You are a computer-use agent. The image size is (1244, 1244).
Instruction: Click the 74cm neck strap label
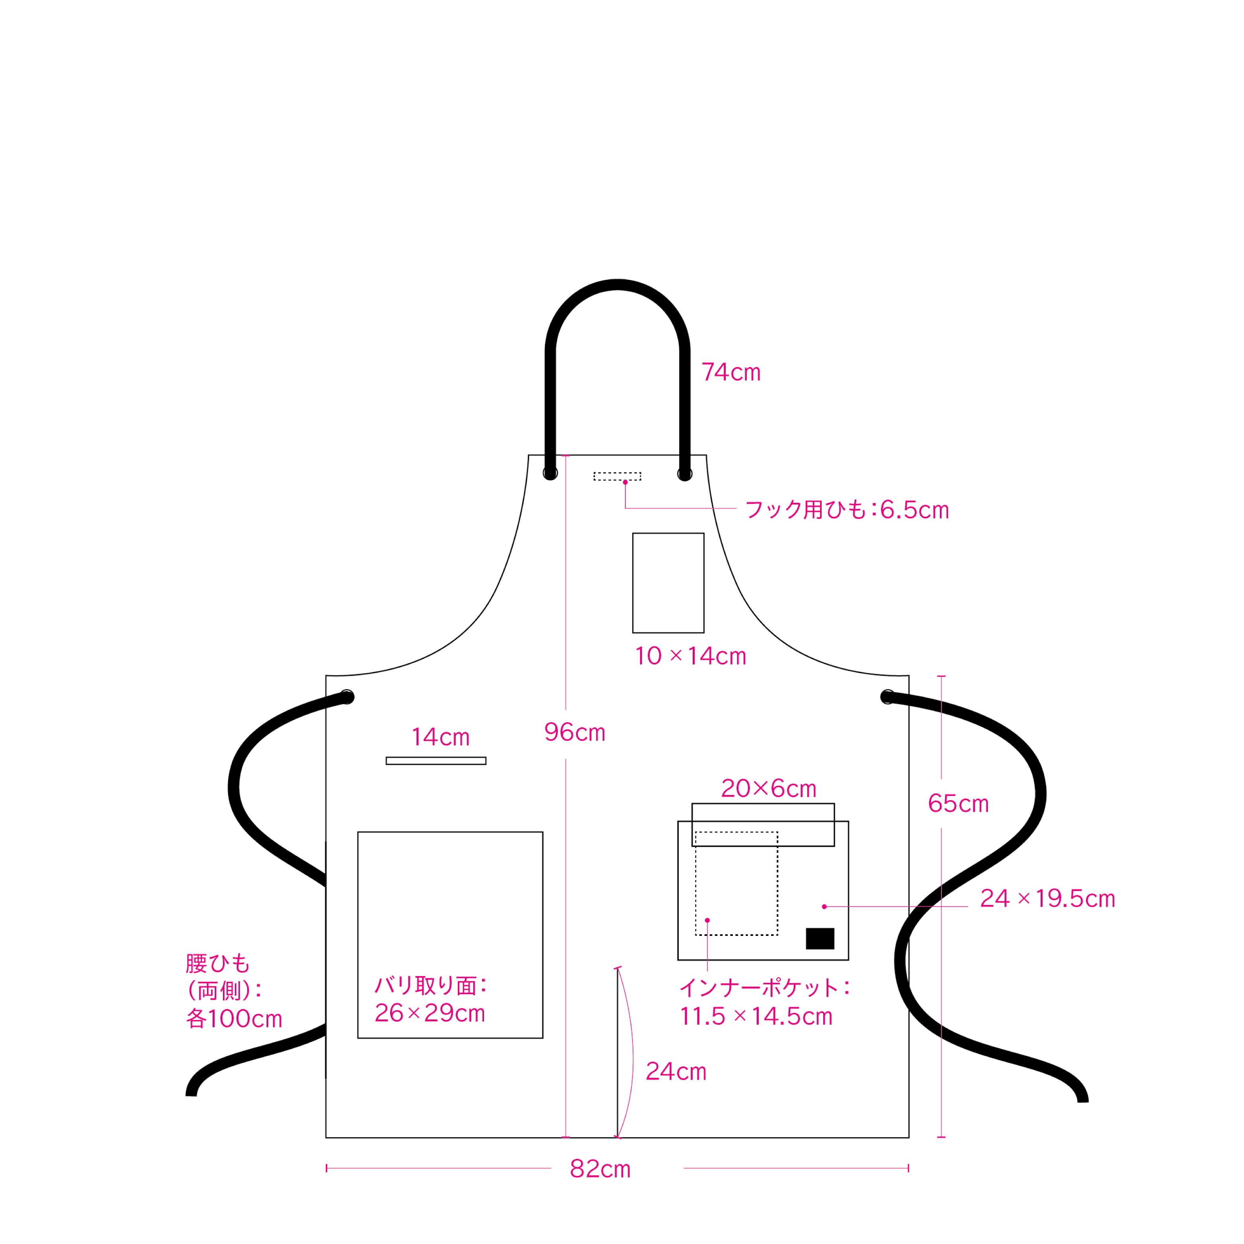(731, 372)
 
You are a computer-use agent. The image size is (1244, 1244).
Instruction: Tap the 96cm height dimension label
(575, 732)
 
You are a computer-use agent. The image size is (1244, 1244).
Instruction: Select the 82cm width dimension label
(600, 1169)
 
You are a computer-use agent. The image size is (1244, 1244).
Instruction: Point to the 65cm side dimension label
(958, 804)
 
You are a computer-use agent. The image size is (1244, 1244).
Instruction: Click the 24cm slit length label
(676, 1072)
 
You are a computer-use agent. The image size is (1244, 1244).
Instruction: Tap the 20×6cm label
(769, 789)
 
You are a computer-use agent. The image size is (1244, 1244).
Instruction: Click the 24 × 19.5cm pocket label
(1048, 899)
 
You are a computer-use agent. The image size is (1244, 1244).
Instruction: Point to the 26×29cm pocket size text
(430, 1014)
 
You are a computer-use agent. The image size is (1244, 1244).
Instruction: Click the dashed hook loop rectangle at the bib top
(617, 477)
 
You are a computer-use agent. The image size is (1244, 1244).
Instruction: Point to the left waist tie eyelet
(347, 697)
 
